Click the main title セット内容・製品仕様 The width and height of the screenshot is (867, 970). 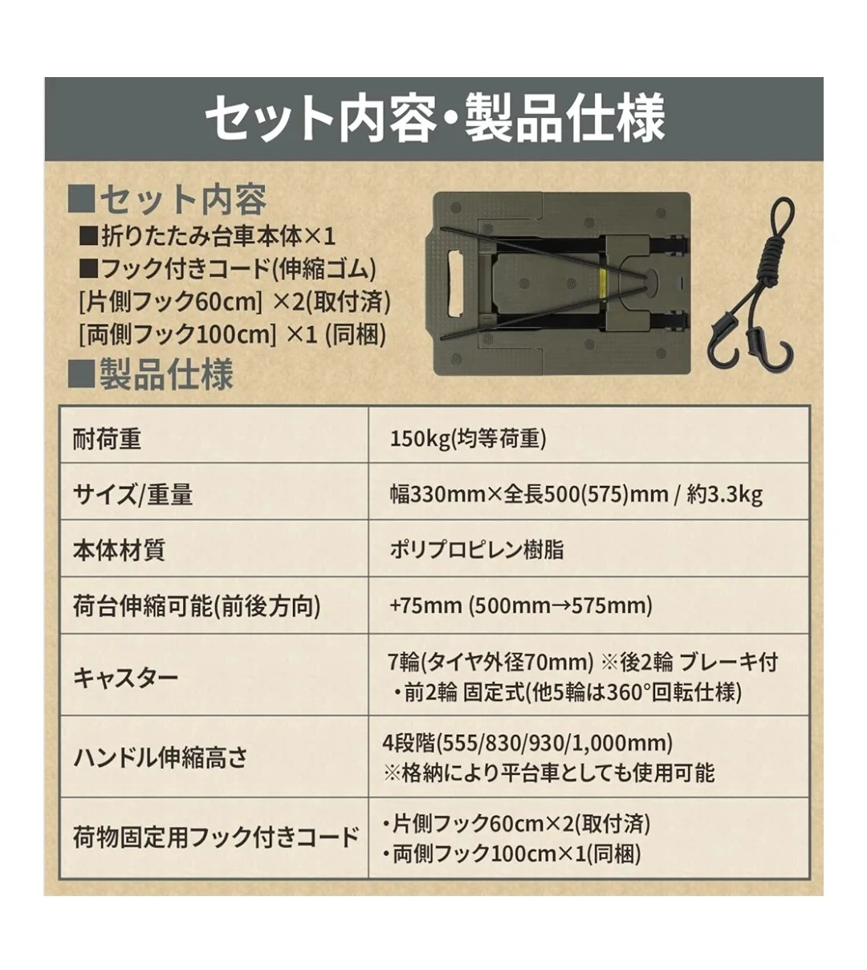click(434, 118)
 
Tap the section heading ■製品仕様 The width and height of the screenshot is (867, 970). click(151, 374)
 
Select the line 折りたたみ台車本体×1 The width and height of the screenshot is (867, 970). click(208, 237)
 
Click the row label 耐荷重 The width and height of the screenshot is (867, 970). click(107, 439)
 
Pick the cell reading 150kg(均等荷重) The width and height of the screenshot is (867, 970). click(468, 439)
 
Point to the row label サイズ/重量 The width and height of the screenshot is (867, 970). click(132, 495)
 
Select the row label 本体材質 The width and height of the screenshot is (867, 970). click(119, 550)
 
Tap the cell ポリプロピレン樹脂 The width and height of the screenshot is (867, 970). click(476, 550)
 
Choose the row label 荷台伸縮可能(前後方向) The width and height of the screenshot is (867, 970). click(197, 606)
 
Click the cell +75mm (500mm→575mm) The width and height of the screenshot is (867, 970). click(521, 606)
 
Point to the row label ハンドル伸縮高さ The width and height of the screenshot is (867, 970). click(161, 758)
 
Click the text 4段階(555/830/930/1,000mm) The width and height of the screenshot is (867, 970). click(528, 743)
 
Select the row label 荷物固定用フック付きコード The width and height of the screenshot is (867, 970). click(216, 838)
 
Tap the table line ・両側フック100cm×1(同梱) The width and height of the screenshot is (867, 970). click(512, 854)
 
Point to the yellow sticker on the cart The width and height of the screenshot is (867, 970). click(604, 283)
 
